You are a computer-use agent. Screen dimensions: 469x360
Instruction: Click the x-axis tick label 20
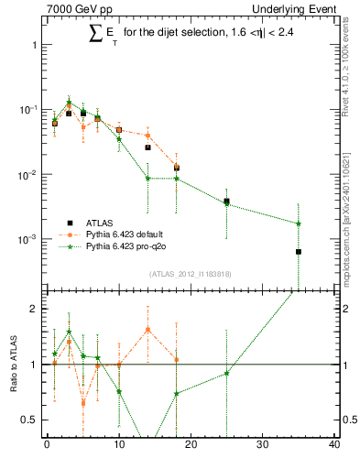coord(191,446)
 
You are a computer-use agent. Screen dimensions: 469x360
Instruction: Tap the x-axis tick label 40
coord(334,446)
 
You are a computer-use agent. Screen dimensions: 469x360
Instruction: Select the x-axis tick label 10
coord(118,446)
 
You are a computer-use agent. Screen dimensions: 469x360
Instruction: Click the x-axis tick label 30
coord(263,446)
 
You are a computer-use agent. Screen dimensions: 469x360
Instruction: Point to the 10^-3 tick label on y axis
coord(25,239)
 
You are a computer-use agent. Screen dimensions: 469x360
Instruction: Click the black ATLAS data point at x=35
coord(299,251)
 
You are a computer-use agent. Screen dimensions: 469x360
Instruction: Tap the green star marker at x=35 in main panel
coord(299,224)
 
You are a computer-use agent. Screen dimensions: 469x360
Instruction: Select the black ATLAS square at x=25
coord(226,201)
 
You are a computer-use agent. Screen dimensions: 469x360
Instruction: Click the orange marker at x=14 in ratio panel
coord(147,330)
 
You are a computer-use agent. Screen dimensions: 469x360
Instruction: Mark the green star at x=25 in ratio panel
coord(226,373)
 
